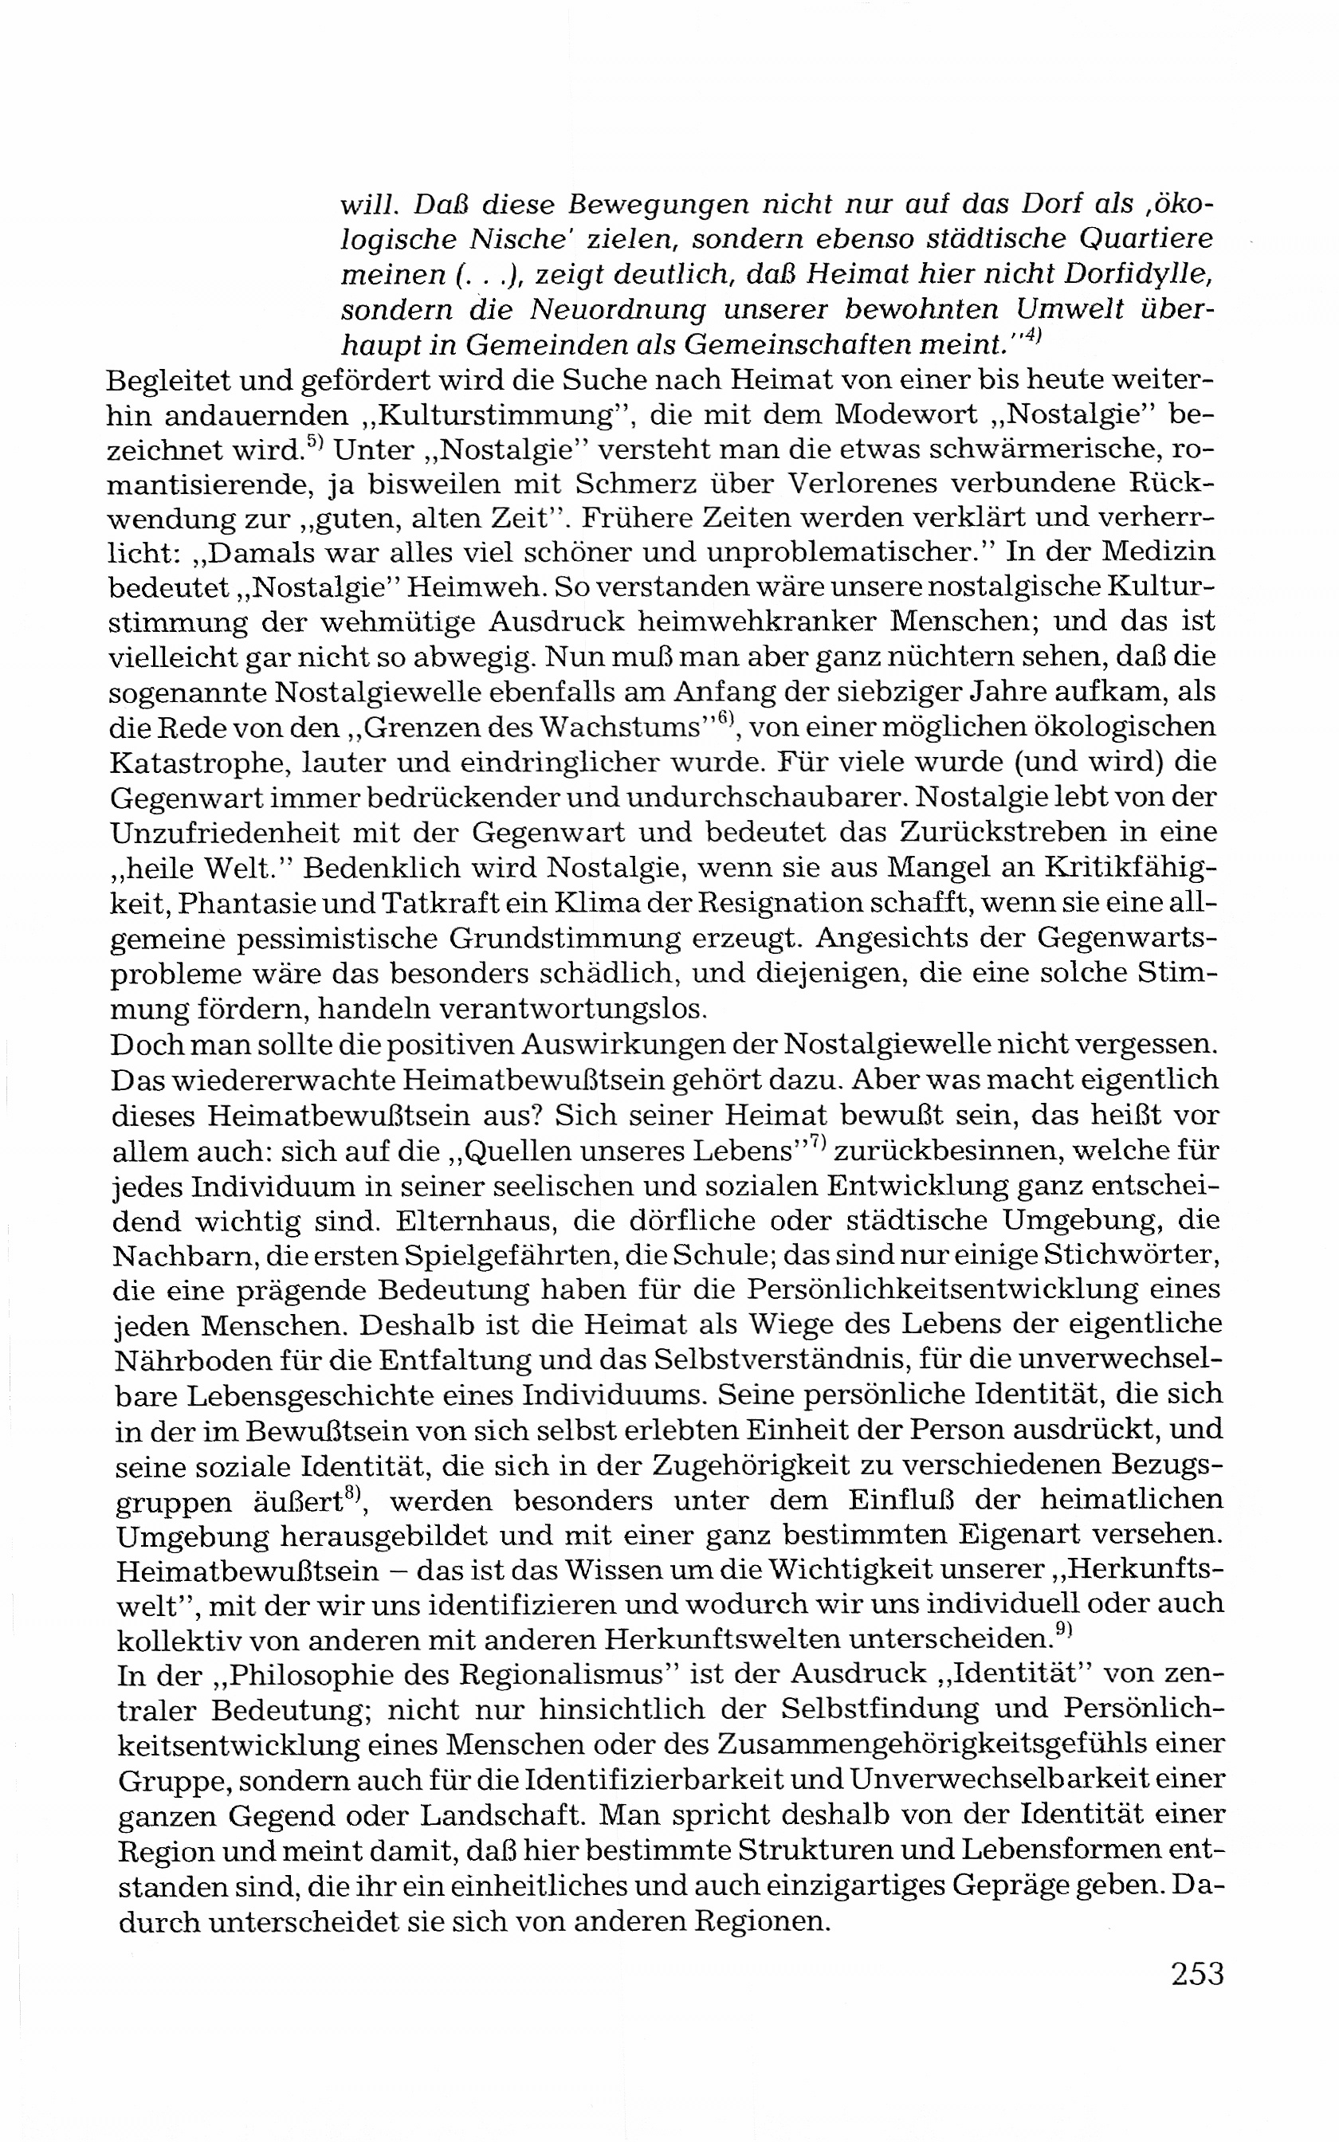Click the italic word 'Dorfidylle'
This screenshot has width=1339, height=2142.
[x=1131, y=274]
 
